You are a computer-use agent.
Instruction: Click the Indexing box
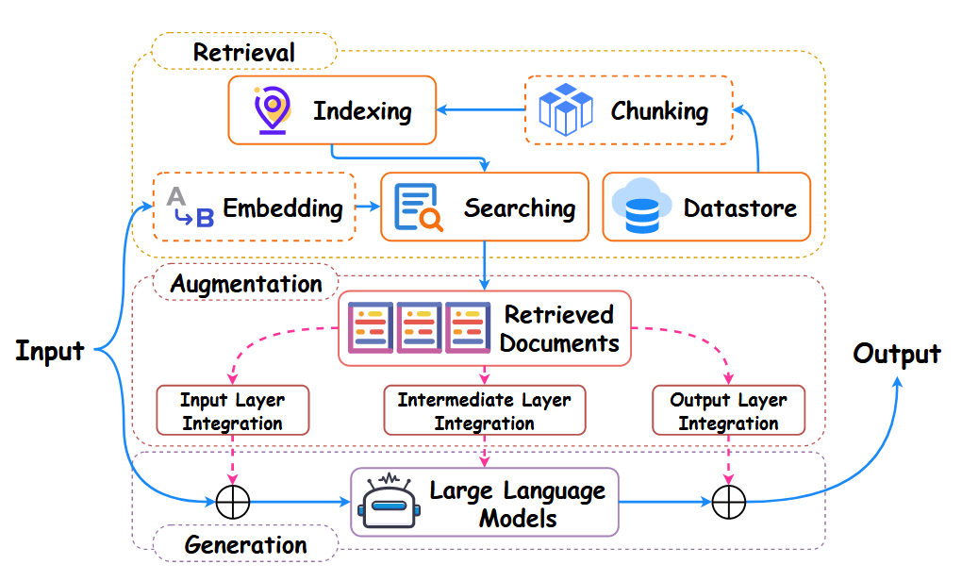tap(332, 110)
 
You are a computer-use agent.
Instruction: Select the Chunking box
tap(628, 110)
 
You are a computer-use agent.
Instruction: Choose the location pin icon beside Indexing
tap(271, 110)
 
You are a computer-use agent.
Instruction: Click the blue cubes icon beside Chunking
tap(565, 108)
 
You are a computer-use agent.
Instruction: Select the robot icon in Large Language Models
tap(390, 502)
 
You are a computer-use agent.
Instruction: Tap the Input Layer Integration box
tap(232, 410)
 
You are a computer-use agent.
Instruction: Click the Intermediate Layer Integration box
tap(484, 410)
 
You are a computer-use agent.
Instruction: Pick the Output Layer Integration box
tap(728, 410)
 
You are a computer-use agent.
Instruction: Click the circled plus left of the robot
tap(232, 503)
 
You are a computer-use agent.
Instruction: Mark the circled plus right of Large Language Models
tap(728, 503)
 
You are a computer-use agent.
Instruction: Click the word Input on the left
tap(50, 352)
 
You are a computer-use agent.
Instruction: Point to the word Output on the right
tap(896, 354)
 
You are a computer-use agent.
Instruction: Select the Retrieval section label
tap(244, 51)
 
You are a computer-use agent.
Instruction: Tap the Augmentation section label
tap(245, 283)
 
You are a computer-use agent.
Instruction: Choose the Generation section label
tap(245, 544)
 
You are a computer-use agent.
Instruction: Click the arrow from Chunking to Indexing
tap(481, 110)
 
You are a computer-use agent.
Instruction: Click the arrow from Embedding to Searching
tap(367, 207)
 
